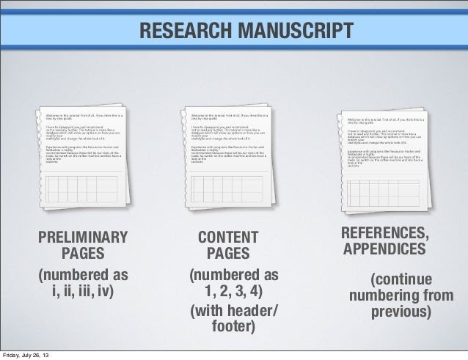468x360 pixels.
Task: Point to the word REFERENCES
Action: click(x=385, y=233)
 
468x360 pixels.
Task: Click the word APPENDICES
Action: click(x=384, y=249)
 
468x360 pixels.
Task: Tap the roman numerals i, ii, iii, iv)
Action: click(x=83, y=293)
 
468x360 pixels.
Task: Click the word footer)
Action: click(x=233, y=326)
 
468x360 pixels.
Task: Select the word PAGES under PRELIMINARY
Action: click(x=83, y=254)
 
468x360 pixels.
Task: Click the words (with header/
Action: click(x=234, y=309)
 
